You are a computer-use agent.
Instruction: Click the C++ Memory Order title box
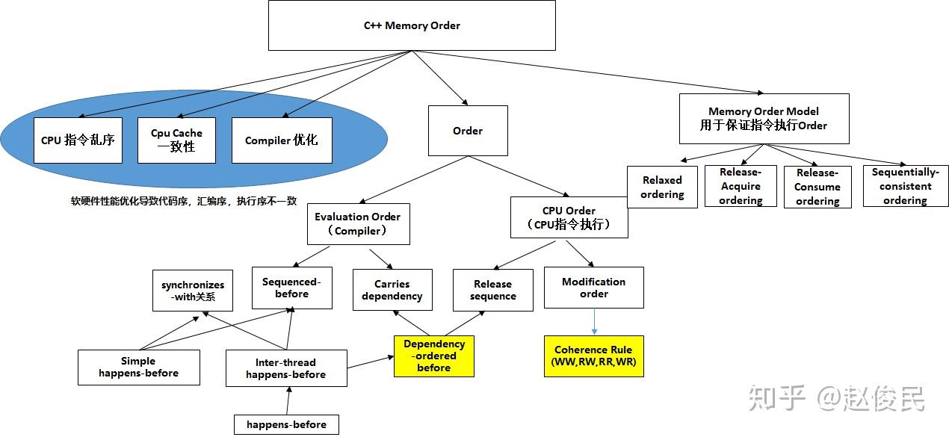(412, 25)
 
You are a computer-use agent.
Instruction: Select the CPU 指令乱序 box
(78, 140)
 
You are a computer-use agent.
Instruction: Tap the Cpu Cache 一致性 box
(176, 140)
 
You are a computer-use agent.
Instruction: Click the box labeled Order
(468, 131)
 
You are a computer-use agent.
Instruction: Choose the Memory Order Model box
(764, 118)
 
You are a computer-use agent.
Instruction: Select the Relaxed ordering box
(662, 187)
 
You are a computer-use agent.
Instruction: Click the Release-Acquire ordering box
(740, 186)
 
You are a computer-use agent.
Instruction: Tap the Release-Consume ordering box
(817, 187)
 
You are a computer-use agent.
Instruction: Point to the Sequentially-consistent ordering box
(905, 186)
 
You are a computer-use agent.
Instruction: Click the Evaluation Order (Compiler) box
(358, 223)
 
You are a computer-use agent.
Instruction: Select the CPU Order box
(569, 217)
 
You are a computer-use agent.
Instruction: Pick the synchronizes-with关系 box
(192, 291)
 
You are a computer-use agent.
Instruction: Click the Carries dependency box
(392, 290)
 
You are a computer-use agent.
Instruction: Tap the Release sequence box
(492, 290)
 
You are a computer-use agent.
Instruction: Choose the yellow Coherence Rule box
(593, 356)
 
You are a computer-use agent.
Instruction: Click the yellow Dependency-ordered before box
(434, 356)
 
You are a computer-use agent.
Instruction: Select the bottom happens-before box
(287, 424)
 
